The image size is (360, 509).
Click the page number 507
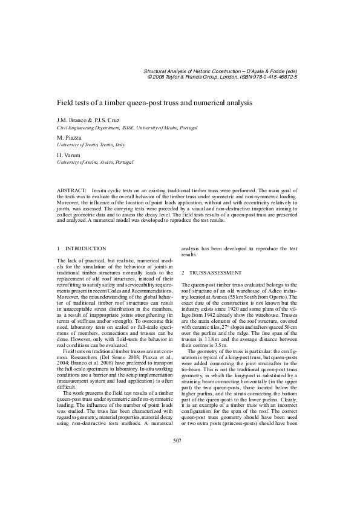(x=177, y=474)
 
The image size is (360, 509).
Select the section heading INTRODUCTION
(x=85, y=248)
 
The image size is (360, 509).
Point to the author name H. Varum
(x=68, y=155)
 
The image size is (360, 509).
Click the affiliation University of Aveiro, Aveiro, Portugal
(x=94, y=163)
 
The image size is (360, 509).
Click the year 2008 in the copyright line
(x=159, y=77)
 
